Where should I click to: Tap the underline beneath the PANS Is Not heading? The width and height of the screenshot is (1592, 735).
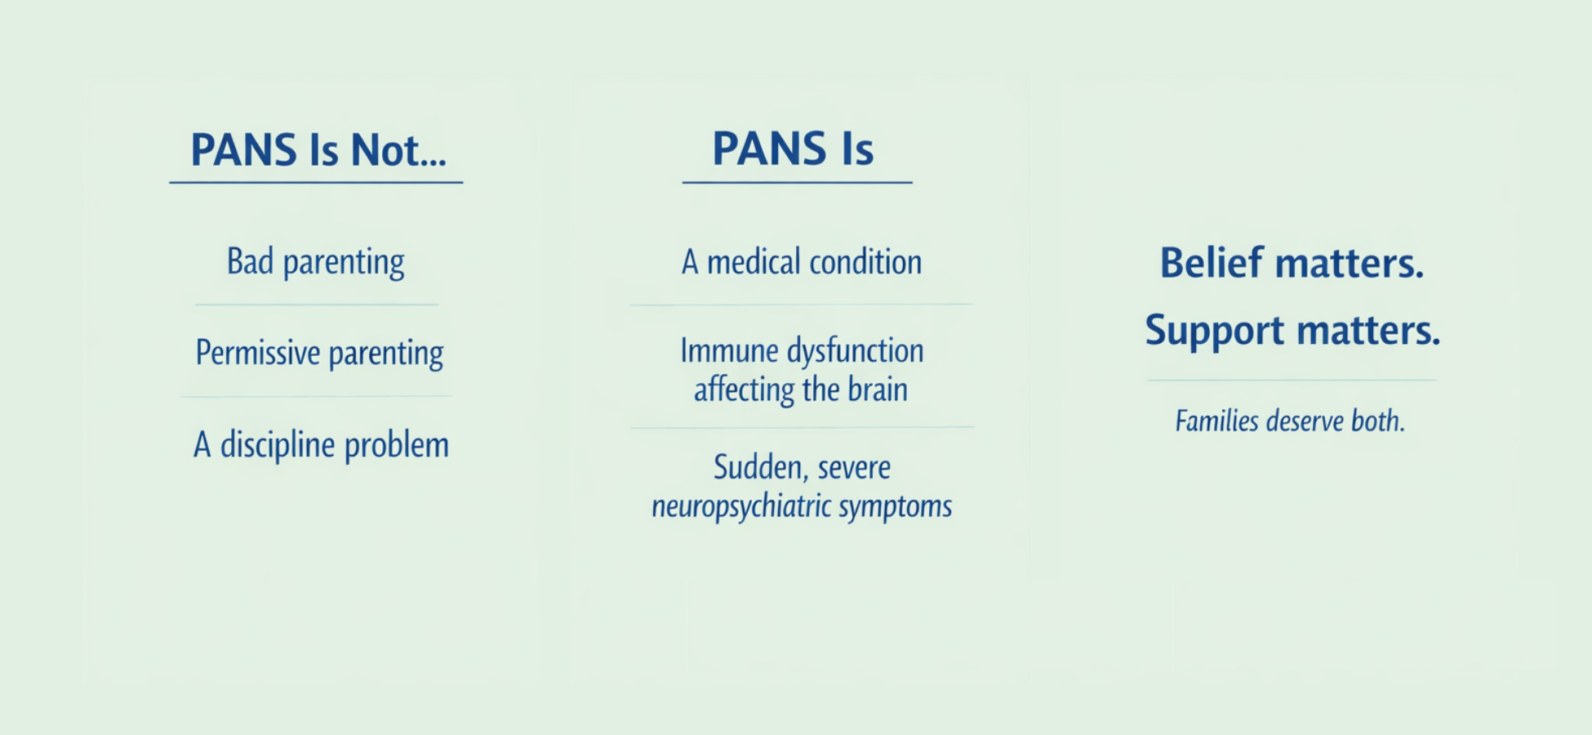[x=316, y=182]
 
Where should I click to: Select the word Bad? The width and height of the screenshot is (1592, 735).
[x=250, y=261]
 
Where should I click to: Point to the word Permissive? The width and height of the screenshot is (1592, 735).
[x=258, y=353]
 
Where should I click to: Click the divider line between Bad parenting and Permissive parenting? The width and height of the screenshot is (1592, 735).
[x=316, y=305]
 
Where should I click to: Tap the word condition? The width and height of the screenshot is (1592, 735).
[x=865, y=262]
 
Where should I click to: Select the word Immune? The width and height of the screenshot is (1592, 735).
[x=729, y=351]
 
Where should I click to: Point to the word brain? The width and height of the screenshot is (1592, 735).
[x=878, y=390]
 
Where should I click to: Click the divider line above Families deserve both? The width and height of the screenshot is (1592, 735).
[x=1292, y=380]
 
